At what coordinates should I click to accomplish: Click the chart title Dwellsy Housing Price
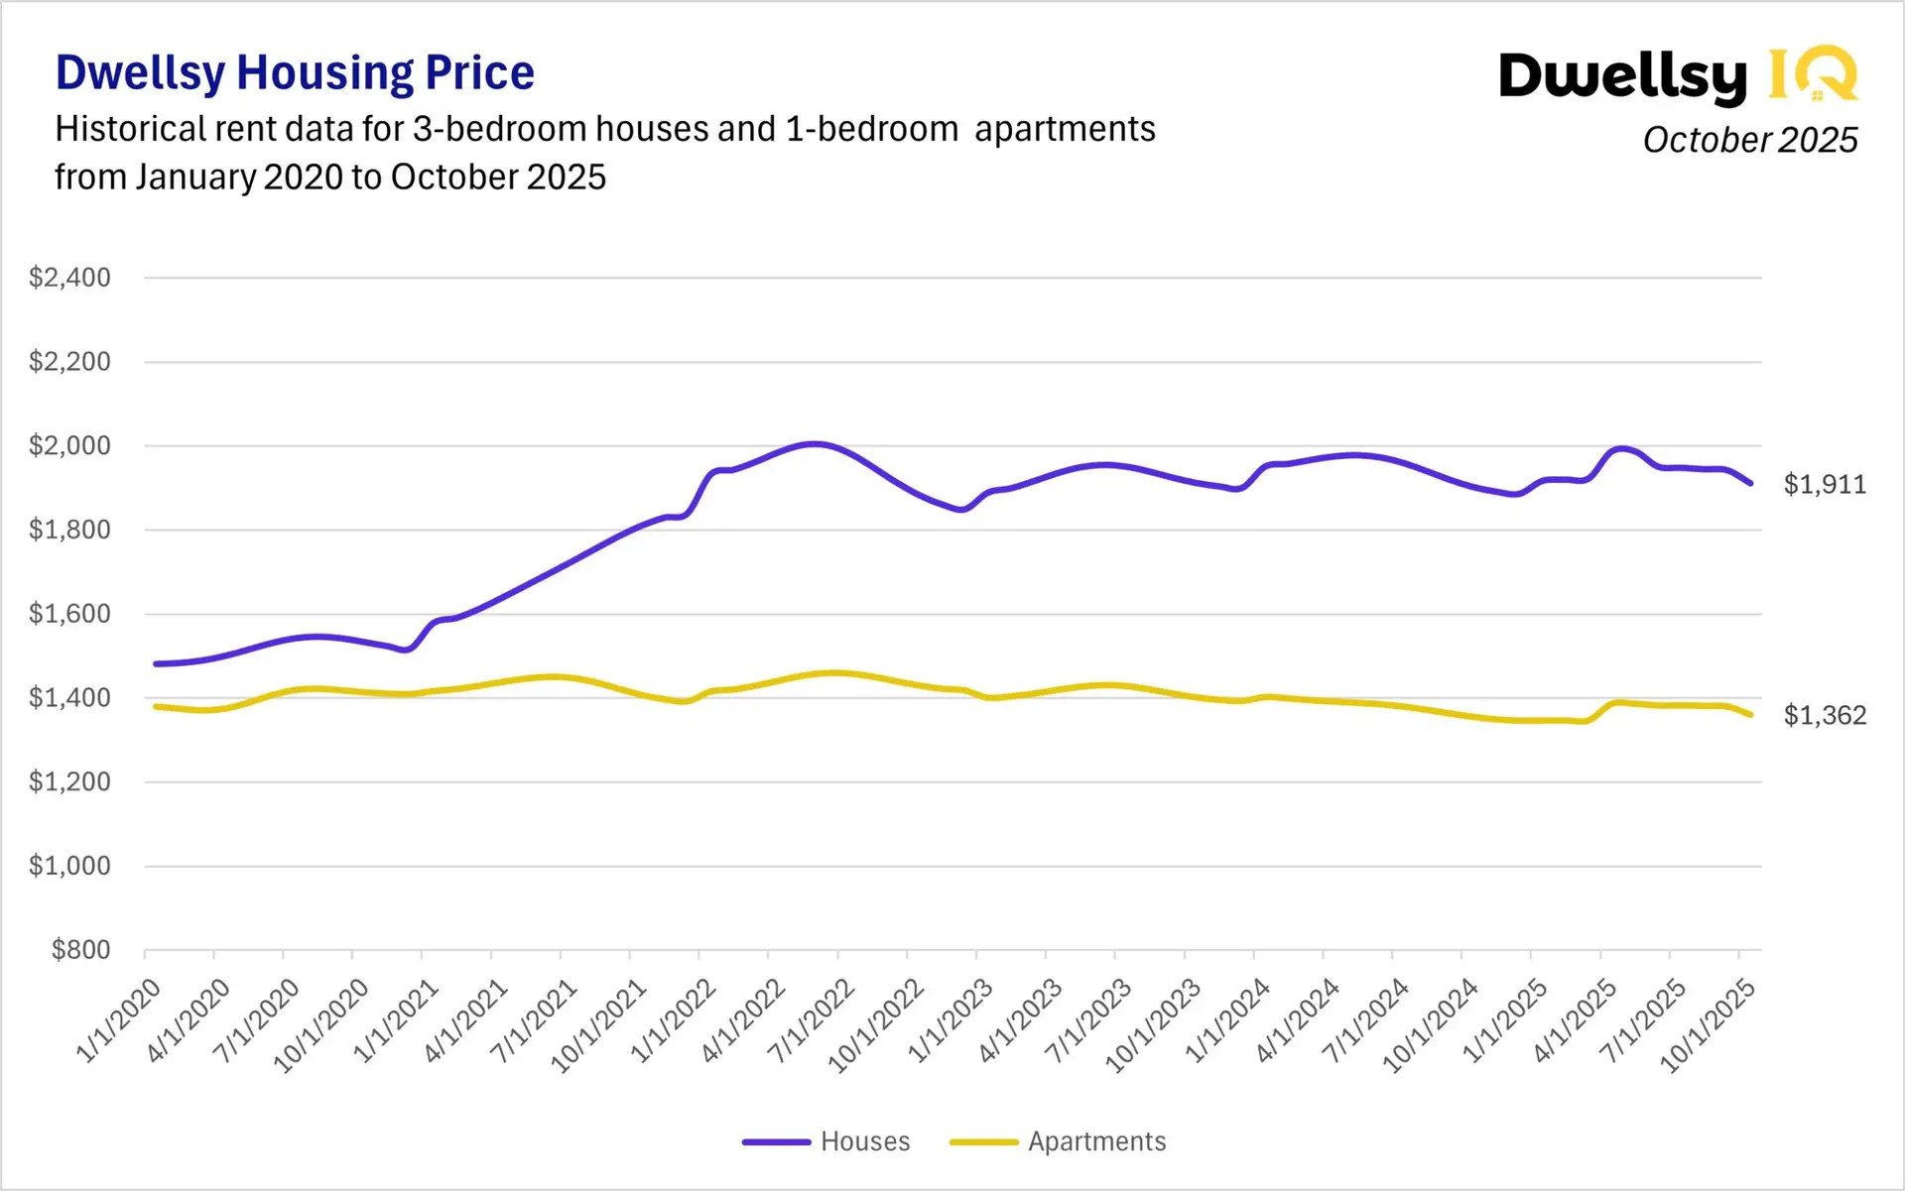click(295, 73)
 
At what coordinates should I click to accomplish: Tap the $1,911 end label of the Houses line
click(1824, 485)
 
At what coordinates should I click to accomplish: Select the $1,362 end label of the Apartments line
click(1824, 715)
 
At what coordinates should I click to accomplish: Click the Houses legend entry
click(864, 1141)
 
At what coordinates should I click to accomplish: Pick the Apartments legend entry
click(1096, 1141)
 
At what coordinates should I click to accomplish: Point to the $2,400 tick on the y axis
click(69, 278)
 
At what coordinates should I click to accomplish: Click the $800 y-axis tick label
click(80, 950)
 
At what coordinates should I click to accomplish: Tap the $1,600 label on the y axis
click(69, 614)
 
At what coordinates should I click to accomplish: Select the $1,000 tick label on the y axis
click(69, 866)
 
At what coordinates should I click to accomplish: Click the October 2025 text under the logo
click(1749, 140)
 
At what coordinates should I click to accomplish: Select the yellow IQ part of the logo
click(1813, 74)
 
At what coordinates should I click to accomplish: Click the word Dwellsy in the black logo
click(1622, 76)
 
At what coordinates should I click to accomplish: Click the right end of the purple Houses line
click(1751, 483)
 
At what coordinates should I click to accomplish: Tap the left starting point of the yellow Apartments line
click(156, 706)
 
